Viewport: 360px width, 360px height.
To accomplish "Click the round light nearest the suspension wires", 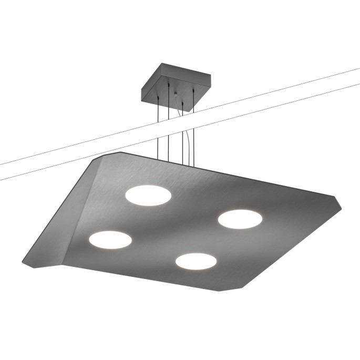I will click(148, 195).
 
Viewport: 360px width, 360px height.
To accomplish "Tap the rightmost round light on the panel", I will click(240, 219).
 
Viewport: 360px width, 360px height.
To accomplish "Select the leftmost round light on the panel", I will click(110, 239).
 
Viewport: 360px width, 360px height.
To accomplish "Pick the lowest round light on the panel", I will click(197, 261).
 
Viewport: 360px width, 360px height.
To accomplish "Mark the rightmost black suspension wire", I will click(194, 131).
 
